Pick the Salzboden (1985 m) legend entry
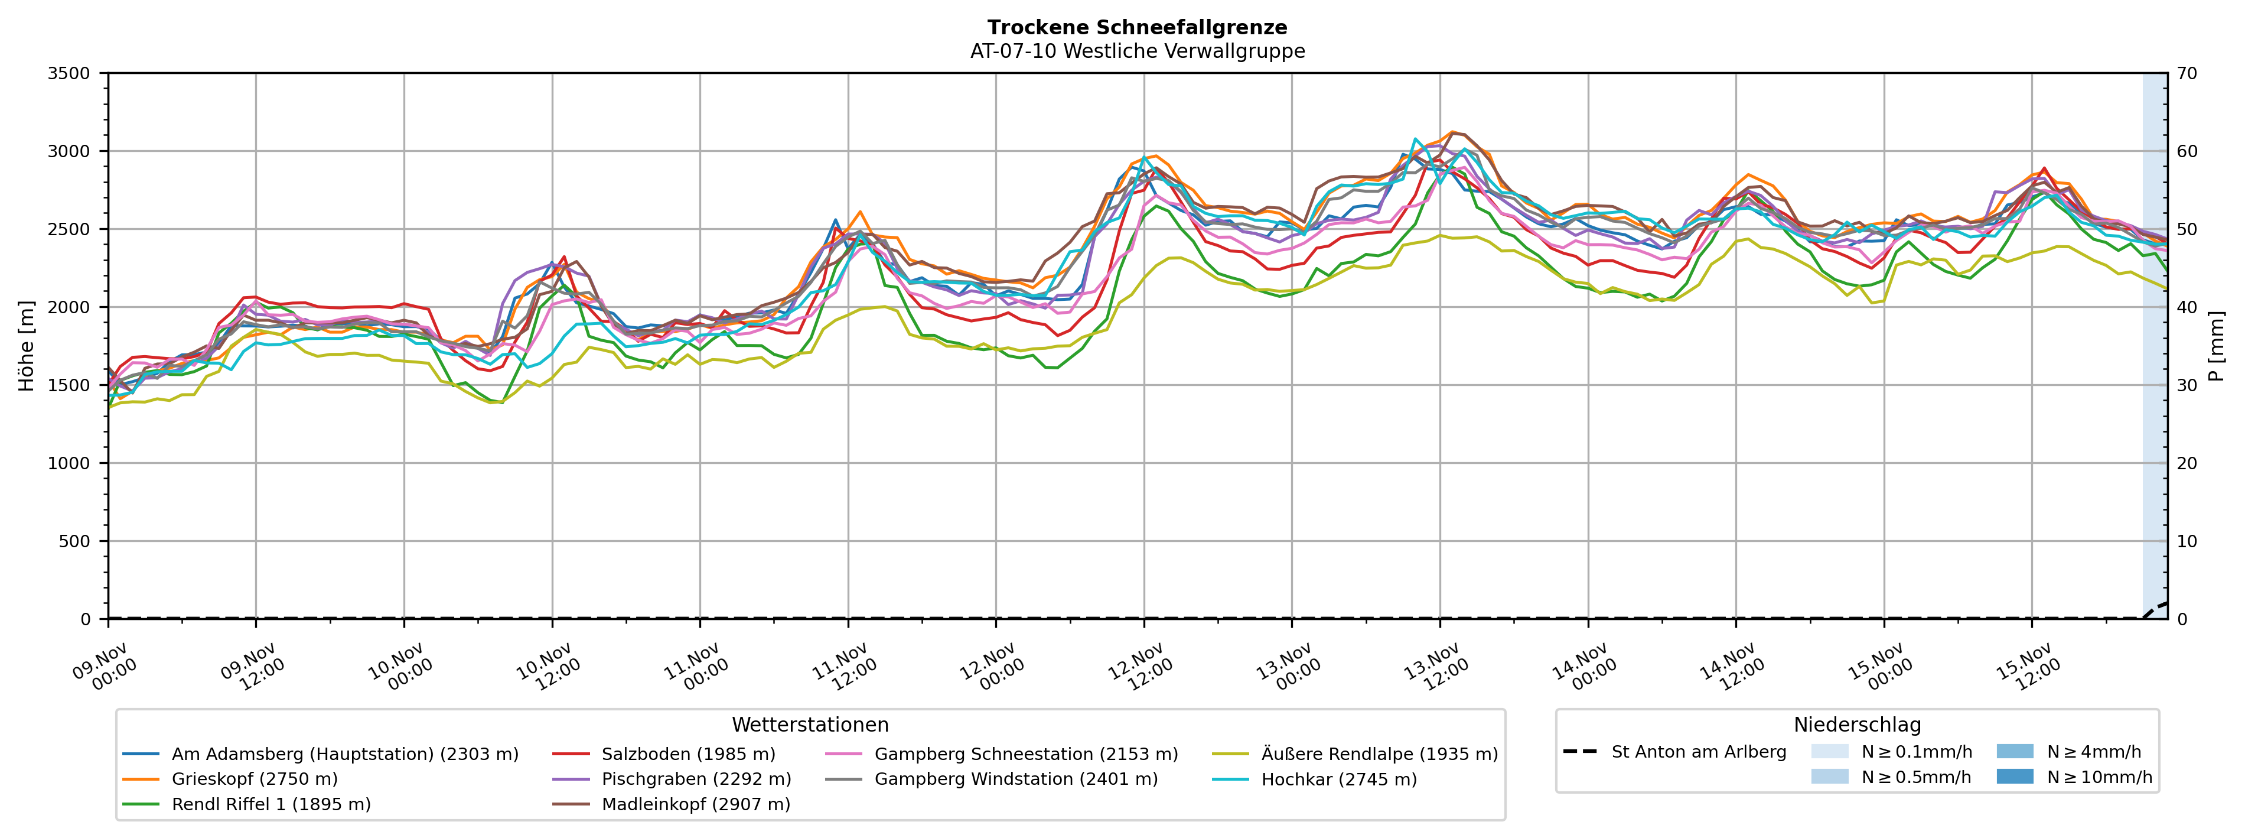687,754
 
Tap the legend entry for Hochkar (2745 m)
1338,779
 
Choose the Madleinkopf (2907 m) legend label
695,804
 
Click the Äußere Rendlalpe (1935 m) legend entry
1379,754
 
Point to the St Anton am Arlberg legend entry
1697,752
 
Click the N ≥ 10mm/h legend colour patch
2014,776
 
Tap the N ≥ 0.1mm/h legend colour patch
1829,752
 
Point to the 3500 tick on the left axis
69,73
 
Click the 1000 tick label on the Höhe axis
69,463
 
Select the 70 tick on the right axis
2187,73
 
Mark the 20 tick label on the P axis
2187,463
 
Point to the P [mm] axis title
2216,346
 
